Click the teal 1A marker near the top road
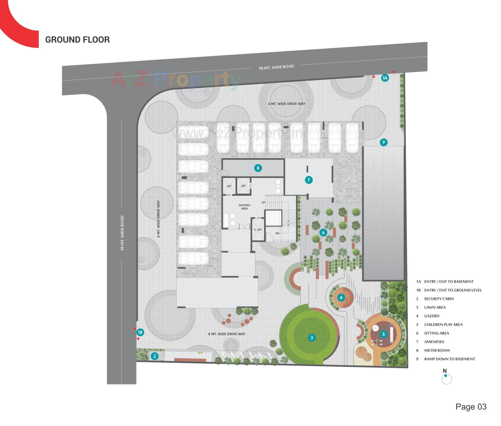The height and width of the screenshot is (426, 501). (385, 78)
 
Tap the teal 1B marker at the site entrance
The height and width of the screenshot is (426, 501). (140, 332)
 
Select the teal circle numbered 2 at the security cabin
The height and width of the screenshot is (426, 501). (155, 356)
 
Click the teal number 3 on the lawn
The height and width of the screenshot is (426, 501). (312, 338)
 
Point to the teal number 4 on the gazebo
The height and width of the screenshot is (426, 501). (341, 297)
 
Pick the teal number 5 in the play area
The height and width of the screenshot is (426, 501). (383, 334)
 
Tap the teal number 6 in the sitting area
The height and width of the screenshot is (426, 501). (323, 232)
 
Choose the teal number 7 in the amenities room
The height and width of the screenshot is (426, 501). (308, 180)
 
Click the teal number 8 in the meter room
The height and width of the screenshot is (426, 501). (258, 168)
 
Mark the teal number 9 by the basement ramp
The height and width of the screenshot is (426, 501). (384, 142)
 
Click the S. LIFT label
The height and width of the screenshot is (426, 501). (258, 230)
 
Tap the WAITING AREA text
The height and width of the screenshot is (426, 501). (244, 207)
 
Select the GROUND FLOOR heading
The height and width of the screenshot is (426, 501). (77, 40)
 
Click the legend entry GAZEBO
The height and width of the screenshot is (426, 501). (432, 316)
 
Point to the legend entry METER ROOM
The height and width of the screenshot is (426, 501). (437, 350)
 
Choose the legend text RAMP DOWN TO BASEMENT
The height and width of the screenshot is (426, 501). (449, 359)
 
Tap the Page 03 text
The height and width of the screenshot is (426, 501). (471, 407)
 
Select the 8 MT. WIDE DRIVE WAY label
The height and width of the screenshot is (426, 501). (227, 334)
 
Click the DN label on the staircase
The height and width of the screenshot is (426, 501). (277, 233)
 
